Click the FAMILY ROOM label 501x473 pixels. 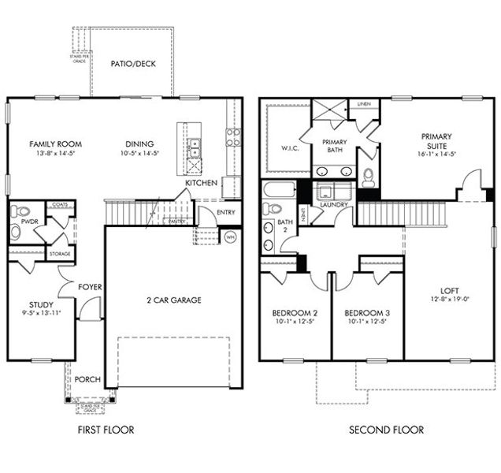click(56, 143)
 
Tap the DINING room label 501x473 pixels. click(139, 143)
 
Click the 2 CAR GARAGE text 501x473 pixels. click(173, 300)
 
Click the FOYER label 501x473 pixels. click(88, 287)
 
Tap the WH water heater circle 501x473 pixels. click(230, 236)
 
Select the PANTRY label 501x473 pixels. click(178, 222)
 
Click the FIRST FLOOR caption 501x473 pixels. click(106, 430)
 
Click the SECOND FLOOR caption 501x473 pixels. click(387, 430)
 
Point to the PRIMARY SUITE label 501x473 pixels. click(436, 140)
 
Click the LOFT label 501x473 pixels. click(450, 289)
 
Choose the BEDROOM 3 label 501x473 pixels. click(366, 311)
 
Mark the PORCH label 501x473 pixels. click(87, 379)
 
